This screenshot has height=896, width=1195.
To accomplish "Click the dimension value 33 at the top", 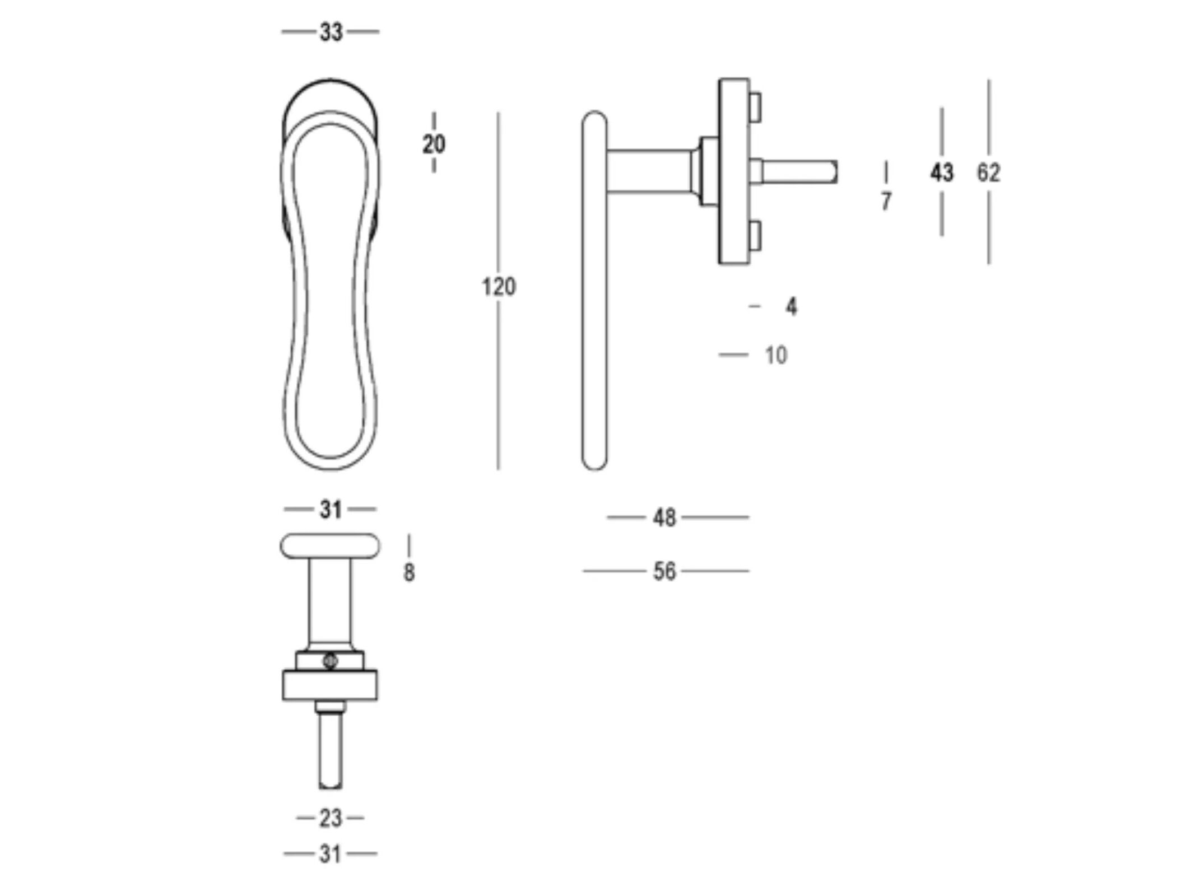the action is point(331,32).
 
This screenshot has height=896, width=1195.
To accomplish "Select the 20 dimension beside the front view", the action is point(434,144).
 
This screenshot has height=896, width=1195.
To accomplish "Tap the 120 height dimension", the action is point(499,287).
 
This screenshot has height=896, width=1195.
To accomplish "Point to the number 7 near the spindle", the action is point(886,201).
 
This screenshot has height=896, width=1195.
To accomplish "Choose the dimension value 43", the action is point(942,172).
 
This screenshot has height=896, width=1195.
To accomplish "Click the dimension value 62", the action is point(988,172).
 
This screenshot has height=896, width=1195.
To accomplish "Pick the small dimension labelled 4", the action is point(791,307).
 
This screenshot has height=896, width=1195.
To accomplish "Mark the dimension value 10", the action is point(776,355).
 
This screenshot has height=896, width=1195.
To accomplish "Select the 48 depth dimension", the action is point(664,518).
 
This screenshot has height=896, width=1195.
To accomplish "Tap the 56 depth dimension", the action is point(664,571).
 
